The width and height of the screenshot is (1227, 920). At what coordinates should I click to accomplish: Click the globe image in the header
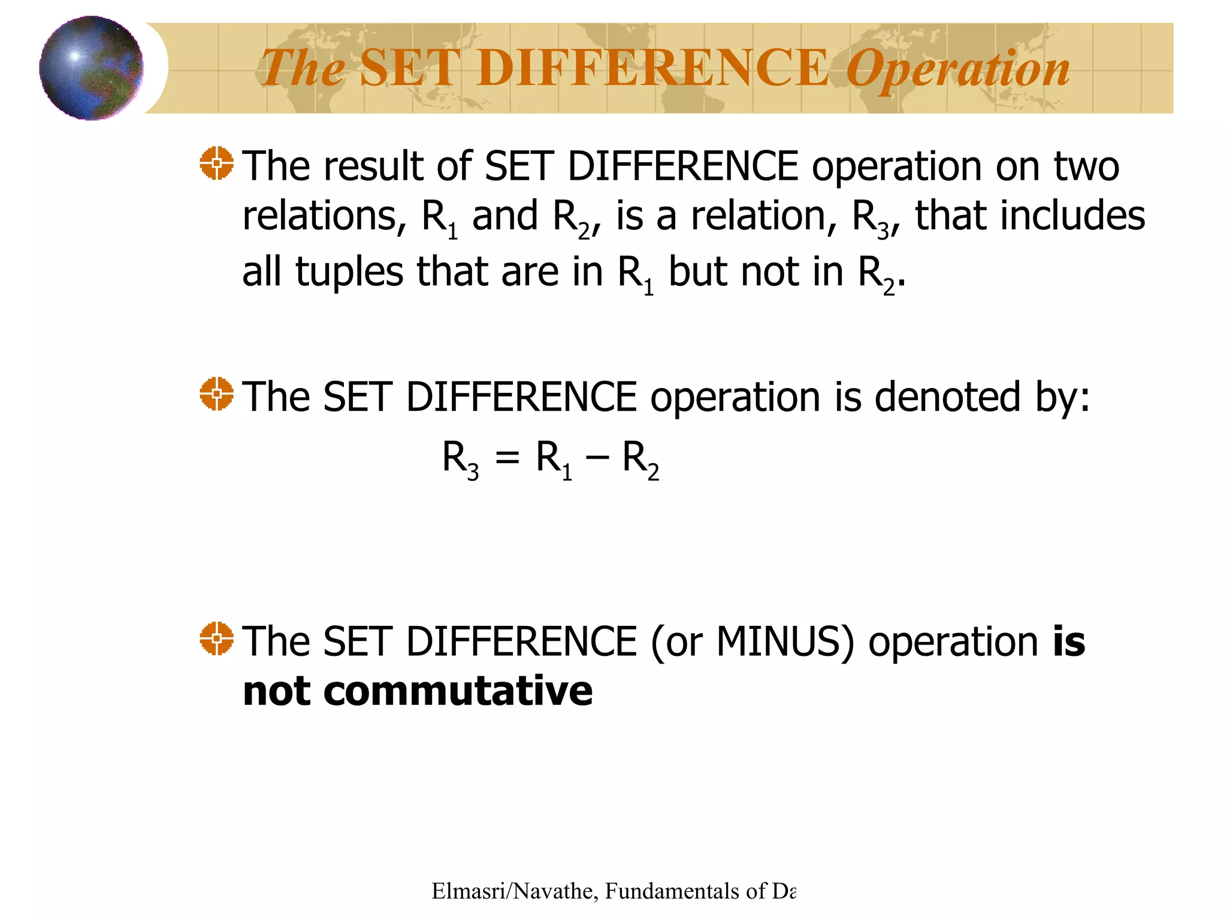[91, 68]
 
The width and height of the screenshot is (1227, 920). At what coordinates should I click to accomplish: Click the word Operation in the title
[957, 69]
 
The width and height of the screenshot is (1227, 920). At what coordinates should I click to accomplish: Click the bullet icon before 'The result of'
[216, 163]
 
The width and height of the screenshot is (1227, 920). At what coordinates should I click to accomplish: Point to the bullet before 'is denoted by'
[216, 394]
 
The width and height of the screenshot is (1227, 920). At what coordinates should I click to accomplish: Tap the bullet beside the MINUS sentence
[216, 638]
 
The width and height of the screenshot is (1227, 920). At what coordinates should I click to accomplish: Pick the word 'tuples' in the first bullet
[349, 273]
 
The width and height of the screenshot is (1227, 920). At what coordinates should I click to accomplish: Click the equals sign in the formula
[507, 459]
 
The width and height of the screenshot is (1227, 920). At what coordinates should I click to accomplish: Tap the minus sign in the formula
[597, 459]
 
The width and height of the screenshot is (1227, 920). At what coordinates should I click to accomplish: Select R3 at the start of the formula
[460, 459]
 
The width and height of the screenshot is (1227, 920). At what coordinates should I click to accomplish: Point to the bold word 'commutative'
[458, 691]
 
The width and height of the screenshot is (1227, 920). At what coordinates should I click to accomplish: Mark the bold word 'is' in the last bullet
[1069, 642]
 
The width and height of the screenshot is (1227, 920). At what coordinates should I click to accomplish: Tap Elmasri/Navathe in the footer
[512, 891]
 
